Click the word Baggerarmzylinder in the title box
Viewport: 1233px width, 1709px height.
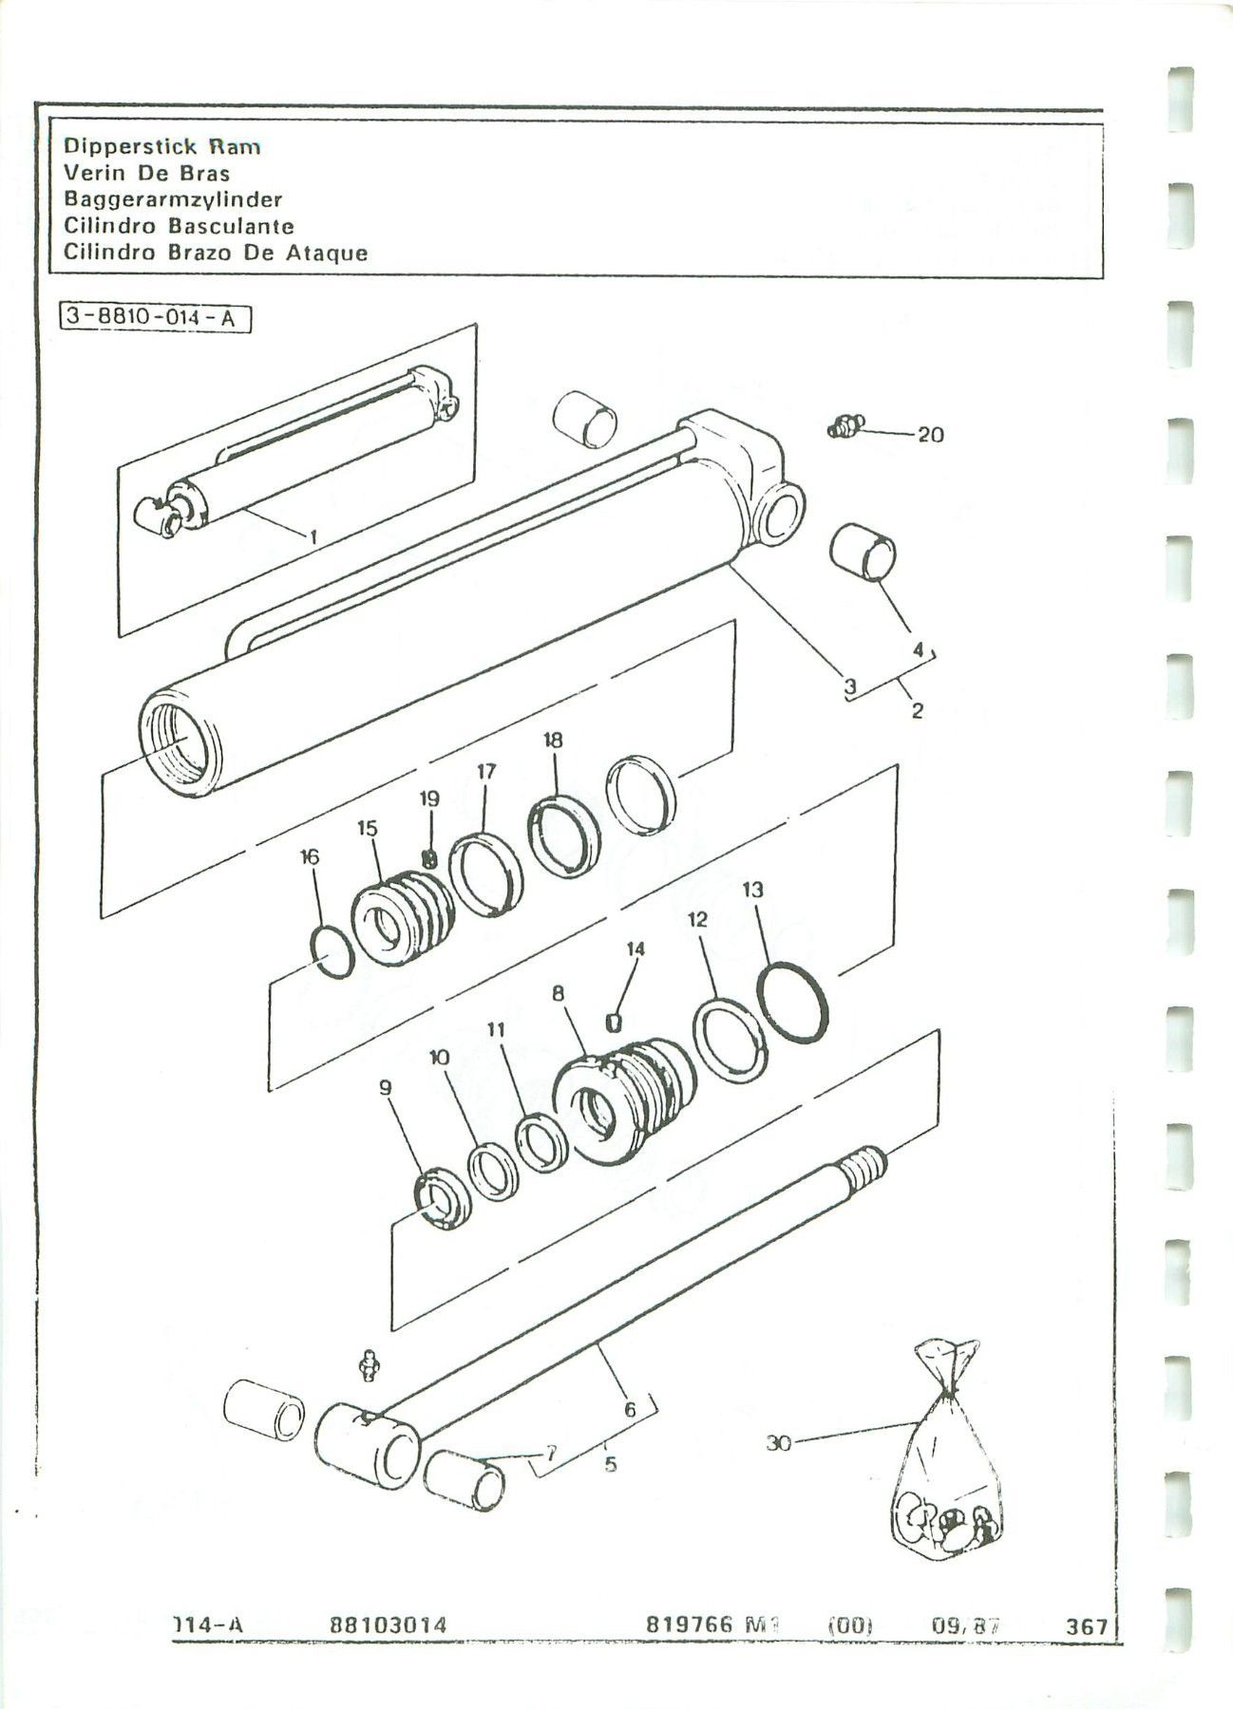pyautogui.click(x=172, y=199)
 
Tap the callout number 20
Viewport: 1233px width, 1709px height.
pyautogui.click(x=930, y=435)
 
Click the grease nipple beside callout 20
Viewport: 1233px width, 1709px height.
pyautogui.click(x=844, y=427)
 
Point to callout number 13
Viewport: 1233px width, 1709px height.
pyautogui.click(x=753, y=890)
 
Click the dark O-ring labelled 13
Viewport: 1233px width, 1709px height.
pyautogui.click(x=796, y=1004)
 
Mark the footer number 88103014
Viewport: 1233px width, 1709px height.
pyautogui.click(x=388, y=1625)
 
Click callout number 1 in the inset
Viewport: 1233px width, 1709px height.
pyautogui.click(x=313, y=537)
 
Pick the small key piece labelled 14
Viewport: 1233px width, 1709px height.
pyautogui.click(x=614, y=1021)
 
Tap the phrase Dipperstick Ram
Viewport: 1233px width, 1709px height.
pyautogui.click(x=161, y=146)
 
